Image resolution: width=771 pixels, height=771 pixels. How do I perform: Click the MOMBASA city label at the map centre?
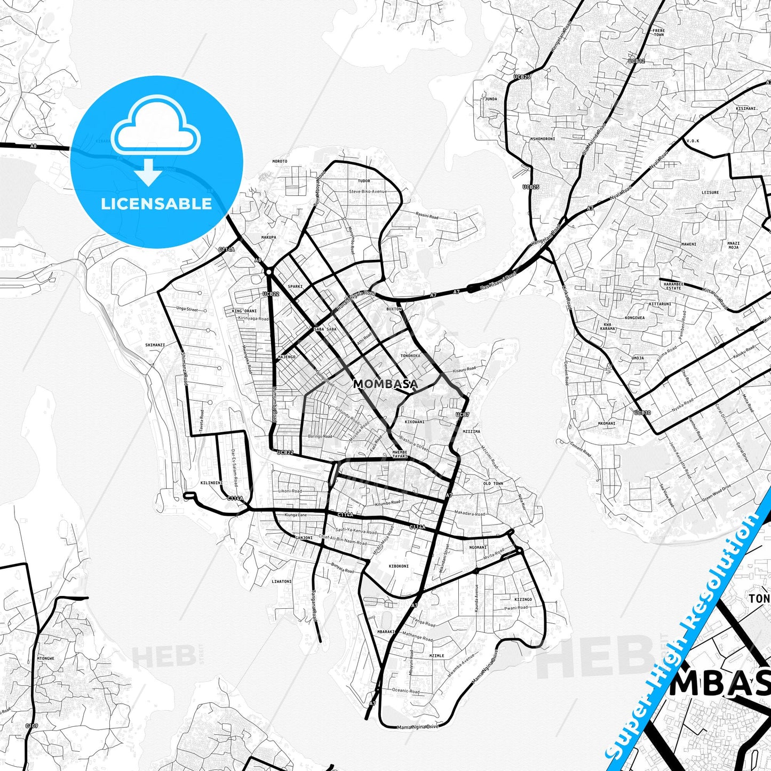point(385,384)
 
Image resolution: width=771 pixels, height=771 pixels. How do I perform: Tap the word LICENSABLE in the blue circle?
point(156,204)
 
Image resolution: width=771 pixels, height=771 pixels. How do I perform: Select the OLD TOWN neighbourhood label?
point(493,483)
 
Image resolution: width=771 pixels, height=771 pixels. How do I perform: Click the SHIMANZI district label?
point(155,345)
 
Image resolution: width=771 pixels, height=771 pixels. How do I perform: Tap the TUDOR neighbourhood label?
point(364,181)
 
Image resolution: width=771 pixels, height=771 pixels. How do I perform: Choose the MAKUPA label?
point(269,237)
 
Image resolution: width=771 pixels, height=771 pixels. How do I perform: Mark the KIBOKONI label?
point(399,566)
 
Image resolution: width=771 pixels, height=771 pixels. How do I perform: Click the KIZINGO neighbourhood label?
point(523,599)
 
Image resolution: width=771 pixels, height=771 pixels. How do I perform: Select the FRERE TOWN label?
point(658,33)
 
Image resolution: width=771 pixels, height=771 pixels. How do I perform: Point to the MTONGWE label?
point(45,658)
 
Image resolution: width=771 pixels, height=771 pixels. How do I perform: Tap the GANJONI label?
point(304,537)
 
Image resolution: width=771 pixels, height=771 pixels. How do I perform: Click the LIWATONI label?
point(282,581)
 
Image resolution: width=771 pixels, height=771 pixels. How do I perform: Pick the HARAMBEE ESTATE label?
point(673,286)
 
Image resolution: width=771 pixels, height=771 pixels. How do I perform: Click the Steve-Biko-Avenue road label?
point(368,191)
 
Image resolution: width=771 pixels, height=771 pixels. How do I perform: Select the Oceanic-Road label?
point(406,691)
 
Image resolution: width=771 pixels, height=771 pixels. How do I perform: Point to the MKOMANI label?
point(607,423)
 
